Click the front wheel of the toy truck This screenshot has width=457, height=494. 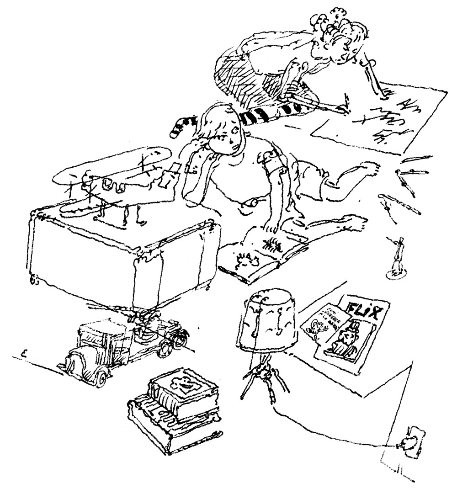point(101,377)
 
